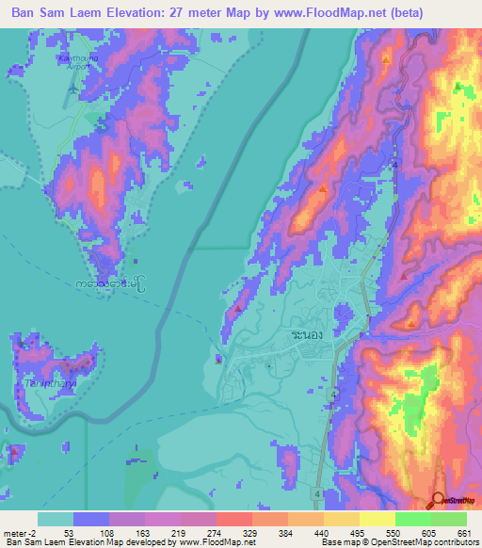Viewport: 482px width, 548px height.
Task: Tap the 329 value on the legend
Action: (252, 532)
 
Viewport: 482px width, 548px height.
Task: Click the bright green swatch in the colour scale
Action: (413, 519)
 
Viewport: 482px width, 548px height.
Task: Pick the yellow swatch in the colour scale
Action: (378, 519)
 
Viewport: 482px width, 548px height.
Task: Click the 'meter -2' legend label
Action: (21, 532)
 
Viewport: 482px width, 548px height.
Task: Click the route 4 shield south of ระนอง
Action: (333, 394)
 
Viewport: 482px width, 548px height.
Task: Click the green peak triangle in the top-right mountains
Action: (458, 87)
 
